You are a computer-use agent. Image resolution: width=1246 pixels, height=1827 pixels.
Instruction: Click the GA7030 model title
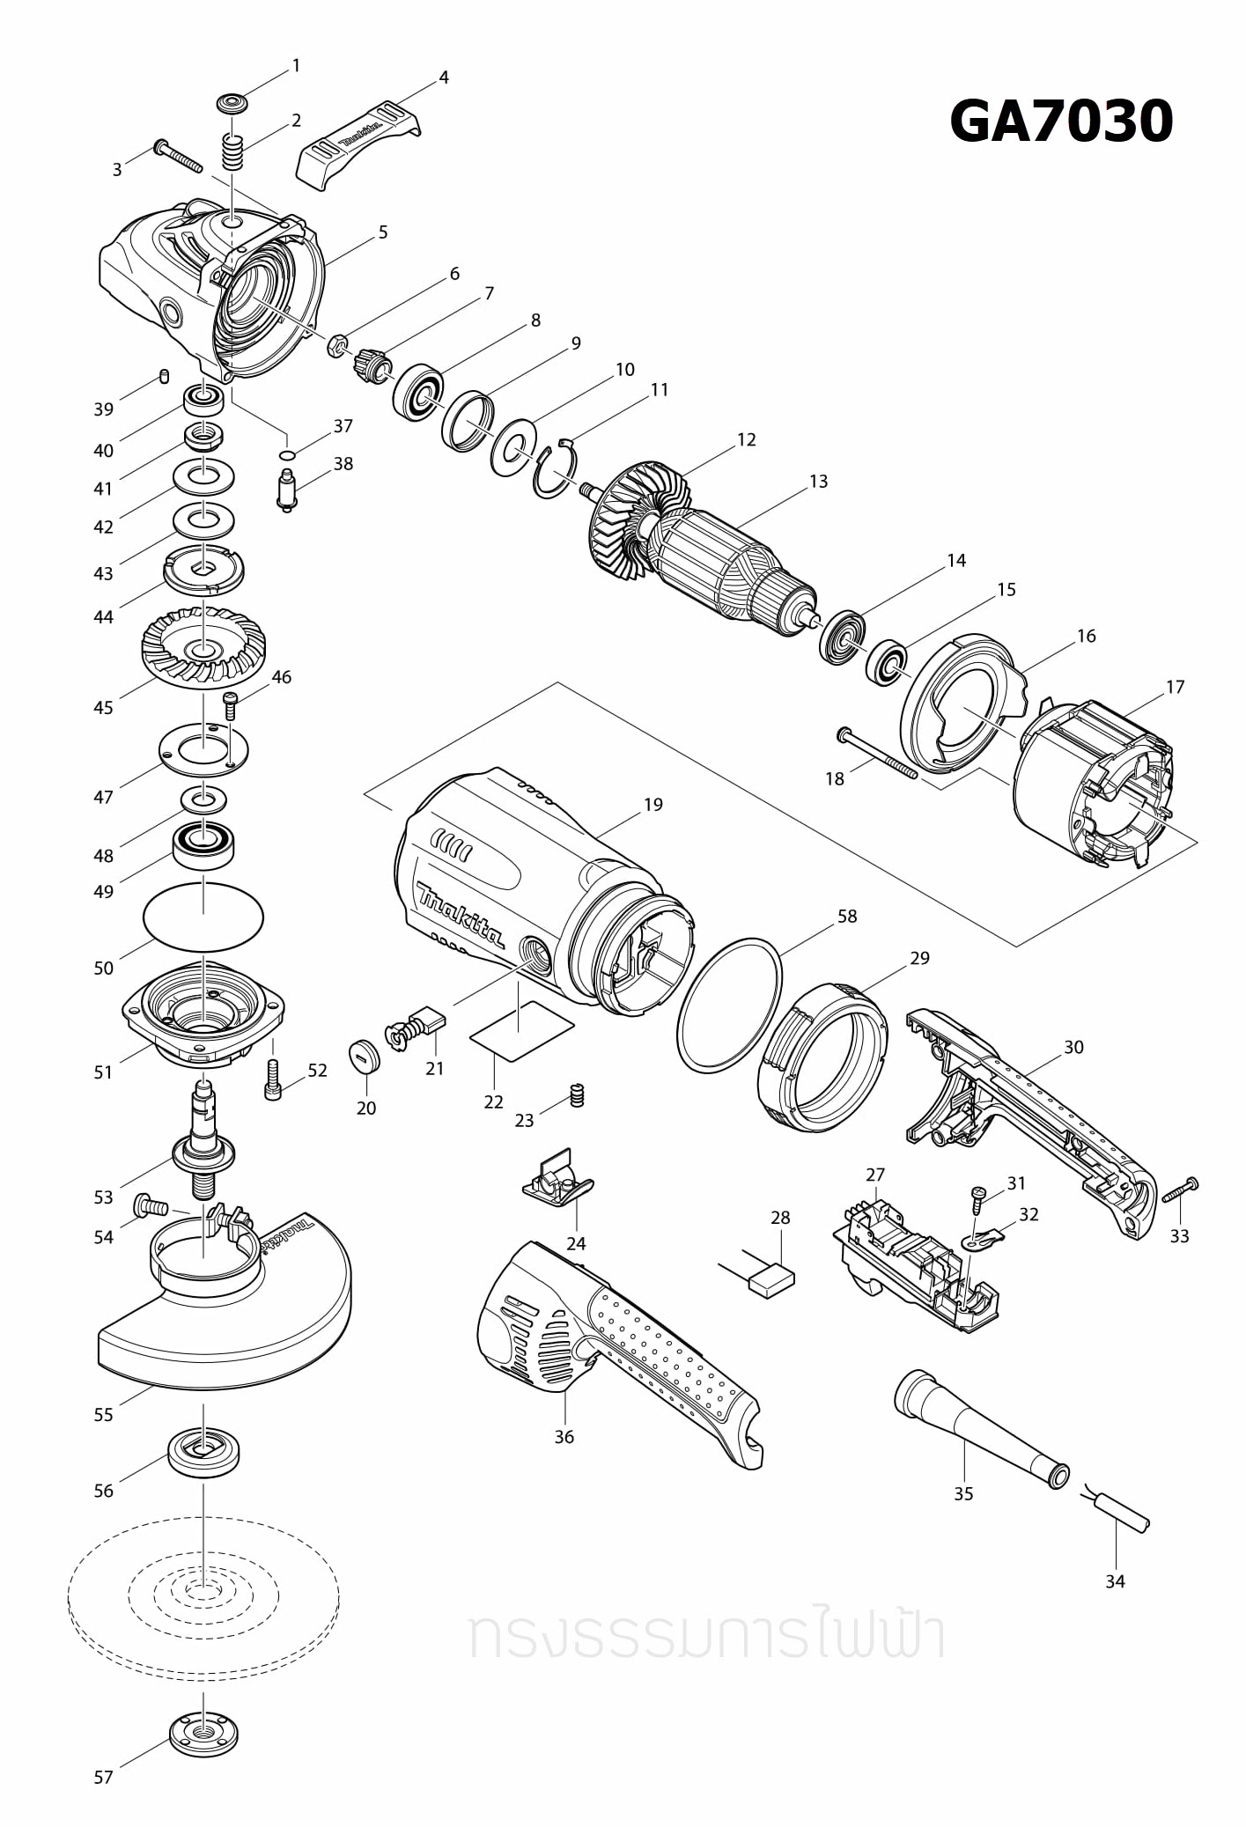pyautogui.click(x=1061, y=122)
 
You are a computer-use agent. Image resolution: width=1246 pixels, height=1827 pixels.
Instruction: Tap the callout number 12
pyautogui.click(x=747, y=439)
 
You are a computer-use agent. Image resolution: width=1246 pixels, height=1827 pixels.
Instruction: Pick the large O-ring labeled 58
pyautogui.click(x=730, y=1005)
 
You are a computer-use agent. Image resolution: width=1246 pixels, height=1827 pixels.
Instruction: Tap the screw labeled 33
pyautogui.click(x=1179, y=1191)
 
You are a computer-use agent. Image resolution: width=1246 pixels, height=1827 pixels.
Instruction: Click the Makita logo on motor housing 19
pyautogui.click(x=461, y=916)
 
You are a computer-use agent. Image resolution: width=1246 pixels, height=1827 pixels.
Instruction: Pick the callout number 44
pyautogui.click(x=104, y=617)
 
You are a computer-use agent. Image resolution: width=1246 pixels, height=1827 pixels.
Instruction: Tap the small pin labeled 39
pyautogui.click(x=165, y=377)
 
